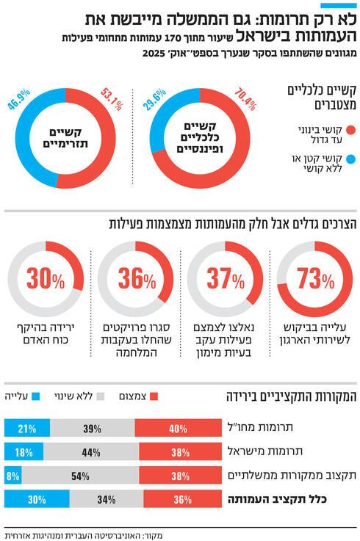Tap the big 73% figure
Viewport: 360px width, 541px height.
pos(316,280)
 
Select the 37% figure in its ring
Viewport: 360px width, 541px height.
pos(225,280)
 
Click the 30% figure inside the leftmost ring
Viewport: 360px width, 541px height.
pos(46,280)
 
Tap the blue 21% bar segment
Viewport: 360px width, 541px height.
pos(27,429)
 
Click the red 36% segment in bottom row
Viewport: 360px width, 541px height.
pos(183,499)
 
